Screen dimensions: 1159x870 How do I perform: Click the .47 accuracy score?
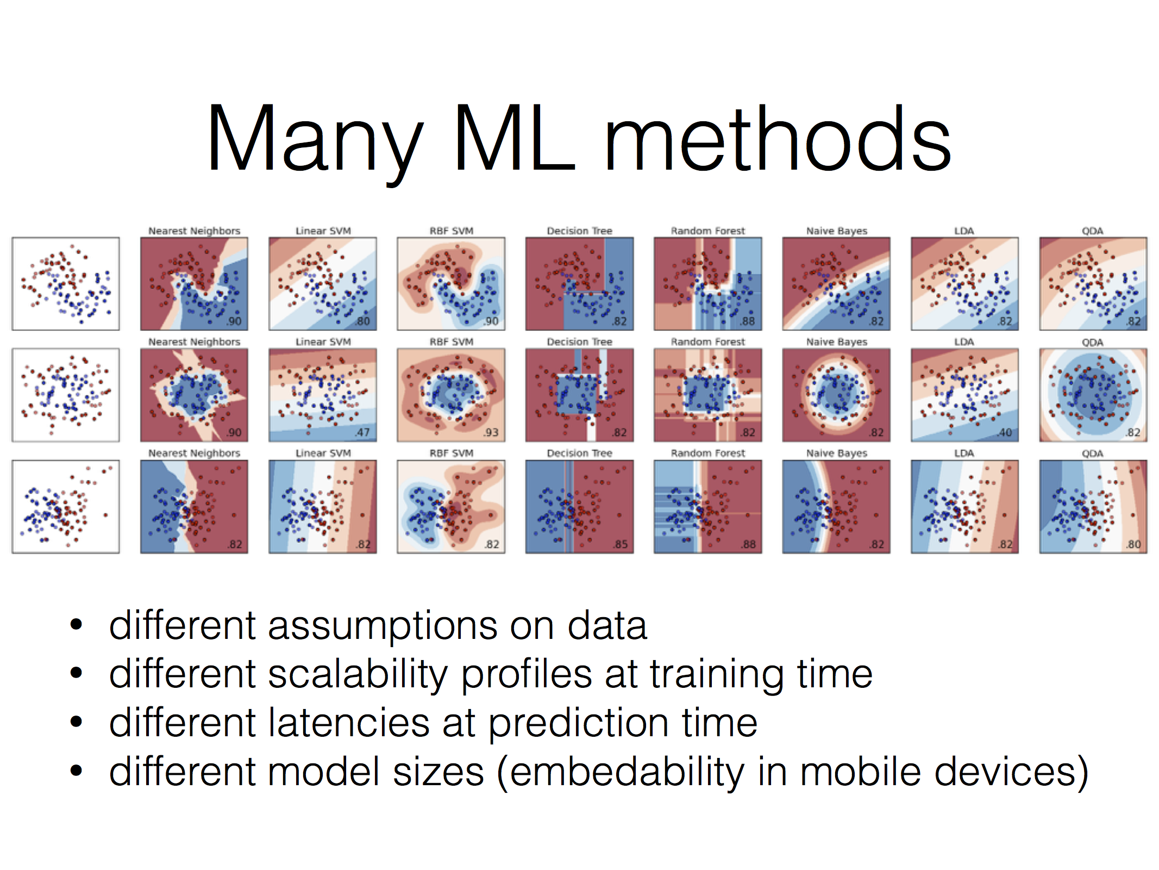coord(362,432)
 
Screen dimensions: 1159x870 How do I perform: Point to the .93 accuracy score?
coord(491,432)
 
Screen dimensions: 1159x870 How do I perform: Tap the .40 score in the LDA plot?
coord(1005,432)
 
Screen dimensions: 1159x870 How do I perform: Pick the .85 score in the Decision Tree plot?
coord(619,544)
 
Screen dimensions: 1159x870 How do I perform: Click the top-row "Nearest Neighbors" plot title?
coord(195,231)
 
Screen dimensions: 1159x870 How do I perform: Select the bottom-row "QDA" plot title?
coord(1093,453)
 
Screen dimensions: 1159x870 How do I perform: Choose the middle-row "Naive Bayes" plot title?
coord(837,342)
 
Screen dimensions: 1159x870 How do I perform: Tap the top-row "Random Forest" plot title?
coord(708,231)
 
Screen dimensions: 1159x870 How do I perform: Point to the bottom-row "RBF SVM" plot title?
coord(452,453)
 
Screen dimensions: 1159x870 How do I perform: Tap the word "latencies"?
coord(350,723)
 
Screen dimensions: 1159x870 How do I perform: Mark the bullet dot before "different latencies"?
coord(76,723)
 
